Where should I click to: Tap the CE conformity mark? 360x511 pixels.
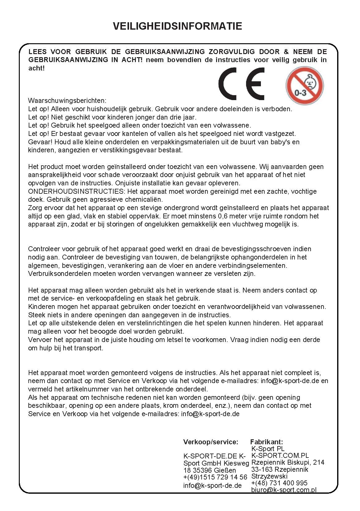[x=241, y=84]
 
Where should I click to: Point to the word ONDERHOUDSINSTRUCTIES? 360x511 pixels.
[x=77, y=192]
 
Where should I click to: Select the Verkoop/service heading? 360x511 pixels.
[x=211, y=442]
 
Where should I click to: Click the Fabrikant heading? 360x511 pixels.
[x=266, y=442]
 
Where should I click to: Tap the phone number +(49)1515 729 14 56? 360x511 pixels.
[x=215, y=477]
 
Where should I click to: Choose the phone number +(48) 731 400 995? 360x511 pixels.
[x=279, y=483]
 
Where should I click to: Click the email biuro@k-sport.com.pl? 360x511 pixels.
[x=284, y=490]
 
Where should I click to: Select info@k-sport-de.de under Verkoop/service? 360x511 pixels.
[x=212, y=485]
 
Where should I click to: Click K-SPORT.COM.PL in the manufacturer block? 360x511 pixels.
[x=280, y=455]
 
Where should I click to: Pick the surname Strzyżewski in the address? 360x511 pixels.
[x=269, y=476]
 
